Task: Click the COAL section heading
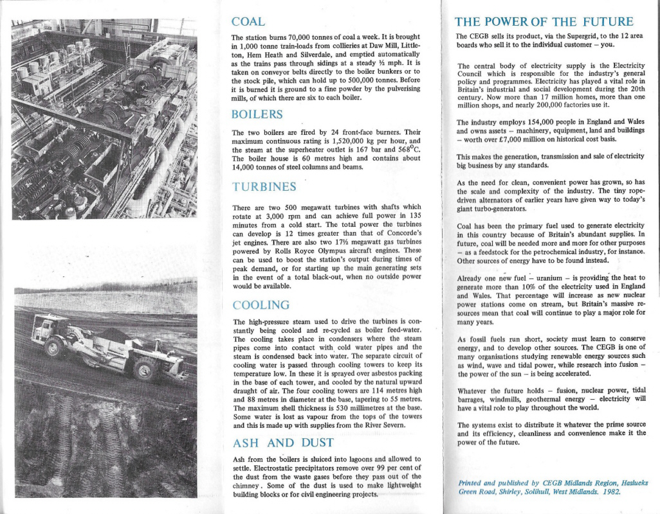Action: click(248, 22)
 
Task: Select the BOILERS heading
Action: click(257, 114)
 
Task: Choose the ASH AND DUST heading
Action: click(282, 443)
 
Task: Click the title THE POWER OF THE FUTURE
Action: click(544, 22)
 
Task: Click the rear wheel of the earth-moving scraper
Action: click(145, 369)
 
